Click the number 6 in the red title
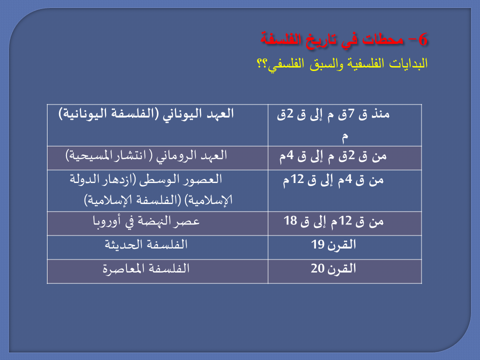(x=422, y=40)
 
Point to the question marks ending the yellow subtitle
(x=261, y=63)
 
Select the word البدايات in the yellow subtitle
(x=408, y=63)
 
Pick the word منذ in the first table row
(x=380, y=114)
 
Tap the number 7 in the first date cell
(x=351, y=114)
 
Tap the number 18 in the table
(x=290, y=220)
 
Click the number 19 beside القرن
(x=317, y=244)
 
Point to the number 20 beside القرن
(x=317, y=268)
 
